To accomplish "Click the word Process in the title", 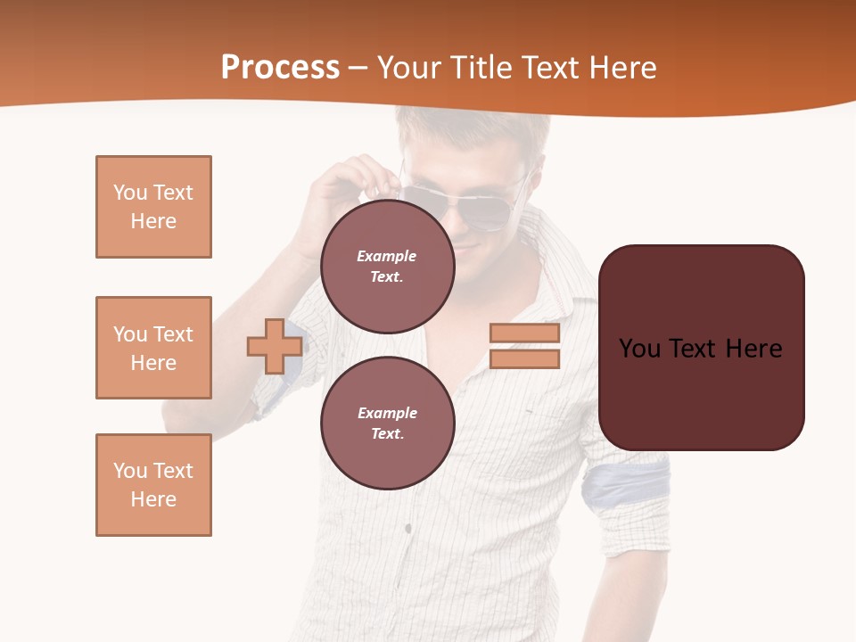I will click(x=280, y=68).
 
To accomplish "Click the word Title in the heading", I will click(x=482, y=68).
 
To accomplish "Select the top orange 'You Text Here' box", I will click(x=153, y=207).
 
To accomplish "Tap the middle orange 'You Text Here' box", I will click(x=153, y=348).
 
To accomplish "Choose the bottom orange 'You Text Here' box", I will click(x=153, y=485).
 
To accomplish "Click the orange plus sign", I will click(x=275, y=346).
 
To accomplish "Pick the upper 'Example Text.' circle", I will click(x=387, y=266).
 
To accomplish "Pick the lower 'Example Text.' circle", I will click(x=387, y=423).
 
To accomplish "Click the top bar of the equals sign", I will click(x=524, y=333).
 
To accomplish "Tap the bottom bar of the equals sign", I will click(x=524, y=359).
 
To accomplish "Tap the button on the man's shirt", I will click(x=407, y=529).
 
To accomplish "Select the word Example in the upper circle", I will click(x=386, y=256).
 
